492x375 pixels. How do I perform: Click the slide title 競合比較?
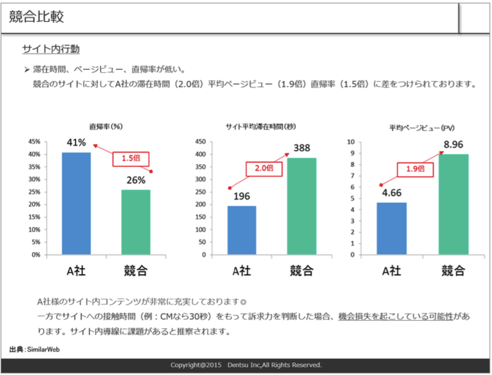36,17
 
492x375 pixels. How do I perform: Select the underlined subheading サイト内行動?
51,49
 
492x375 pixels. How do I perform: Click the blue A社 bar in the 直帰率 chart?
76,203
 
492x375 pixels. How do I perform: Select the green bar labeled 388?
301,206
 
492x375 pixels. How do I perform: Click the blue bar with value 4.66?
391,229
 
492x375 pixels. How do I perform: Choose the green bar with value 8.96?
453,204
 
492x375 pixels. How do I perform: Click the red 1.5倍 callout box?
131,158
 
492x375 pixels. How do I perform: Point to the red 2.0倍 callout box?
264,169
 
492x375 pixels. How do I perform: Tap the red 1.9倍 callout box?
415,169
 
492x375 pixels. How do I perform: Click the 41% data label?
76,143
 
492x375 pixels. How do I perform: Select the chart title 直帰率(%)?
106,127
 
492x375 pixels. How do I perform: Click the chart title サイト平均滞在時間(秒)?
261,127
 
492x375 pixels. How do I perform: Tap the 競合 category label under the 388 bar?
301,270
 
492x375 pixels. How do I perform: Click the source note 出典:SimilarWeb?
34,349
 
